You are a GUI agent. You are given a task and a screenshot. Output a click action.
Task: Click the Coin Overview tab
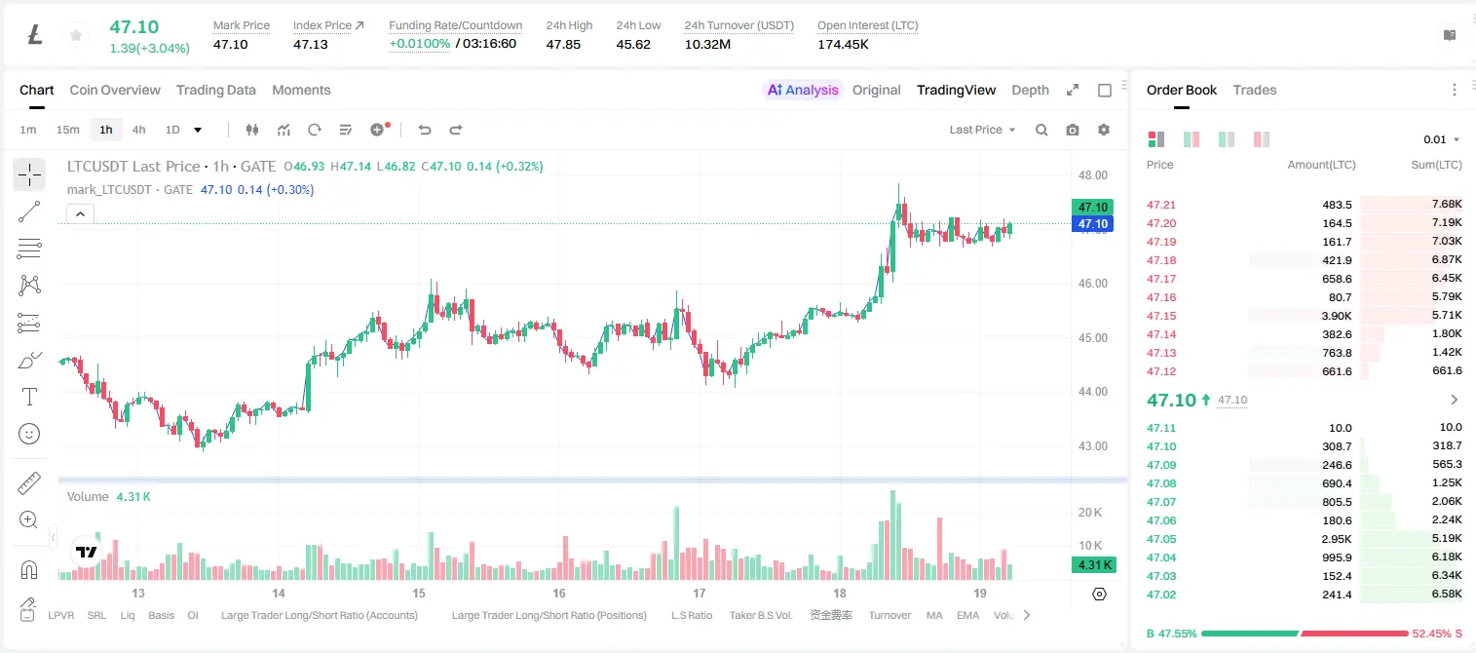(115, 91)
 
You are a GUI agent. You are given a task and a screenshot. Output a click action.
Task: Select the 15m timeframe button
(67, 130)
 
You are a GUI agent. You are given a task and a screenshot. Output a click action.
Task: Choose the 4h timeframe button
(138, 130)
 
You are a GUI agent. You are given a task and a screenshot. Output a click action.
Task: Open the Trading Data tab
(215, 91)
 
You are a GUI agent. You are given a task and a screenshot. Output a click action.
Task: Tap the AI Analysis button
(803, 91)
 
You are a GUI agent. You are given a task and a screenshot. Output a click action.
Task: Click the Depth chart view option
(1030, 91)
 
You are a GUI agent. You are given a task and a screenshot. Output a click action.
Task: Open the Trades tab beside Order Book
(1255, 91)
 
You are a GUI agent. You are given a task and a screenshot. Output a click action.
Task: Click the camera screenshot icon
(1072, 130)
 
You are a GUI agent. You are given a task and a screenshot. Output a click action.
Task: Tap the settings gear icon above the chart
(1104, 130)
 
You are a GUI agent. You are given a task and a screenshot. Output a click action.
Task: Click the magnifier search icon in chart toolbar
(1041, 130)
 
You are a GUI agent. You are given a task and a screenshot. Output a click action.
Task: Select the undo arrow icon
(425, 130)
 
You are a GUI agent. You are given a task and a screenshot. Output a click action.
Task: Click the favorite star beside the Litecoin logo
(76, 35)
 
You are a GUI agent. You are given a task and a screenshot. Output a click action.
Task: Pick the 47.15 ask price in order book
(1161, 316)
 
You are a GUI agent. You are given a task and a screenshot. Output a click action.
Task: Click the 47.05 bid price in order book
(1161, 539)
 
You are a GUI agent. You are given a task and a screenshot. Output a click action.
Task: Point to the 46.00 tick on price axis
(1092, 284)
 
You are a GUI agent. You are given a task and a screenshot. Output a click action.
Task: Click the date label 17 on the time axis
(699, 593)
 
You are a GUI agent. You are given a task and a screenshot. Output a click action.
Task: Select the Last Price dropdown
(982, 130)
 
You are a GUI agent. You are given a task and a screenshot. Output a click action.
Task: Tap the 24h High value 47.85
(563, 44)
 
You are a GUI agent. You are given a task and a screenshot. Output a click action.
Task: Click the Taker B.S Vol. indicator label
(760, 615)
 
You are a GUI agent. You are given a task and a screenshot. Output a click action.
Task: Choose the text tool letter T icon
(29, 397)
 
